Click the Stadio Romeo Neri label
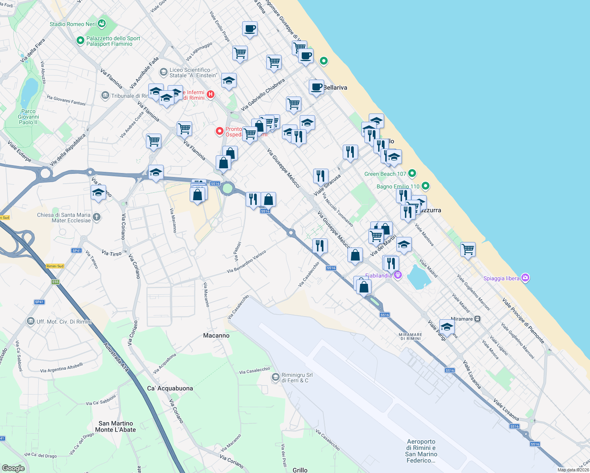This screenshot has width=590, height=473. pos(73,24)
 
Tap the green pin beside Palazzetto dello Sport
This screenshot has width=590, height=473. pos(80,40)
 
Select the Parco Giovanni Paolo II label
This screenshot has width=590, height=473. pos(28,117)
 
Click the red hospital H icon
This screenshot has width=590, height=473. pos(211,94)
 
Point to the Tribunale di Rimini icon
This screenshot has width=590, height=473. pos(105,95)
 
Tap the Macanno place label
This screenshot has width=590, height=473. pos(216,335)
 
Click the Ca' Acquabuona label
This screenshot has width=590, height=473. pos(170,388)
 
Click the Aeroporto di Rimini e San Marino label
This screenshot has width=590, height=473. pos(421,451)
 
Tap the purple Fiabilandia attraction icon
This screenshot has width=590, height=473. pos(398,275)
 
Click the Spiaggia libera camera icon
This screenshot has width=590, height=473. pos(525,278)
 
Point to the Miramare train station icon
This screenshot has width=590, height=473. pos(477,319)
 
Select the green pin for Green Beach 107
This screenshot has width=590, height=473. pos(412,173)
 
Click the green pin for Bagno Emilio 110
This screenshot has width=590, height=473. pos(425,186)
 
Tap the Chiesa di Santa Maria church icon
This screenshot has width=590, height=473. pos(96,217)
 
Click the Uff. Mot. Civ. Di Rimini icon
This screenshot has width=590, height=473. pos(31,321)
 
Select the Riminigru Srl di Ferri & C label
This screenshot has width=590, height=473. pos(297,378)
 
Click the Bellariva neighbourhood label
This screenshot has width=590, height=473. pos(335,88)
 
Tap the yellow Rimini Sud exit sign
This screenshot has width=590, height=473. pos(55,266)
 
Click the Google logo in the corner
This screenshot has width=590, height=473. pos(13,468)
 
